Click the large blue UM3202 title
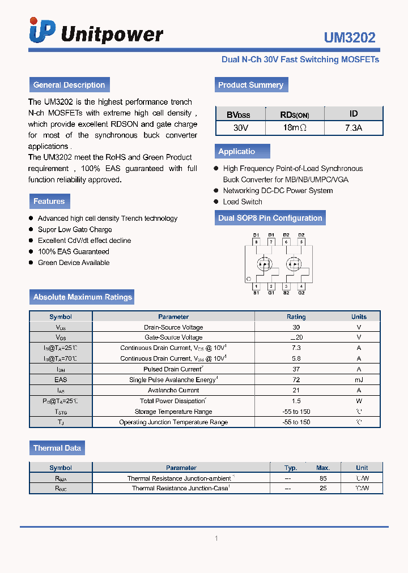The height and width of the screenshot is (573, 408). tap(349, 37)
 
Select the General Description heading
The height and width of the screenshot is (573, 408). tap(69, 85)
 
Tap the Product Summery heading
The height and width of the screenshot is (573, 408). tap(250, 85)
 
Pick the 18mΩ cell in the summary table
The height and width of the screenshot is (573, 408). tap(295, 128)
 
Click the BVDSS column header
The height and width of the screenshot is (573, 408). tap(239, 114)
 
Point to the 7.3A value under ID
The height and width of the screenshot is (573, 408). tap(353, 128)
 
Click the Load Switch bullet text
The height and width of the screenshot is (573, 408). tap(243, 202)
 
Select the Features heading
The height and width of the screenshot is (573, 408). tap(49, 201)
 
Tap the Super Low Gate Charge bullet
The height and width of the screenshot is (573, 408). tap(75, 229)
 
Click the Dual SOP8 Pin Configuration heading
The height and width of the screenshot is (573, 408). tap(270, 218)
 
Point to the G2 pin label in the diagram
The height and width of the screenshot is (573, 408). tap(301, 293)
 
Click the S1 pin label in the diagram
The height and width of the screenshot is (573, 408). tap(256, 293)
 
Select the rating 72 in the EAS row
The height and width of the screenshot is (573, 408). tap(296, 380)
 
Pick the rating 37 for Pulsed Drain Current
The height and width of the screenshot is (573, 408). tap(296, 369)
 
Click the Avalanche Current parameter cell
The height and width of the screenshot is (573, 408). tap(173, 390)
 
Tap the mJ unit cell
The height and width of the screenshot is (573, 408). tap(359, 380)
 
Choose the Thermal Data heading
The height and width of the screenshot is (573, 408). tap(57, 448)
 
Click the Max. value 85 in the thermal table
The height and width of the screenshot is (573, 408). tap(323, 478)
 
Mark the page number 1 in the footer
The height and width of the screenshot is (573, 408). tap(216, 538)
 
